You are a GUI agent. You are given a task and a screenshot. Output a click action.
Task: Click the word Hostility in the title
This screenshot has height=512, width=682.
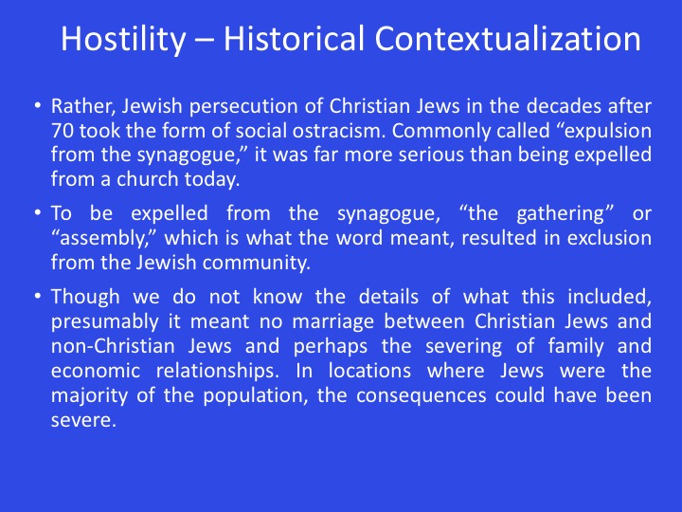pyautogui.click(x=123, y=40)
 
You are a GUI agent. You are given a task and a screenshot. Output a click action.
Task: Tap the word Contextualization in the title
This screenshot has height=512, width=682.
pyautogui.click(x=508, y=39)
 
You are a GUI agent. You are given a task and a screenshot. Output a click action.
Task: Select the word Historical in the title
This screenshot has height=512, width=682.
pyautogui.click(x=294, y=39)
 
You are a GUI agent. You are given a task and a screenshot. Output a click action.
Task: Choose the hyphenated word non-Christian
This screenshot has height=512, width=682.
pyautogui.click(x=113, y=346)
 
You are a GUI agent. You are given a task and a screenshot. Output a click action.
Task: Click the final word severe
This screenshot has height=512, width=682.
pyautogui.click(x=83, y=421)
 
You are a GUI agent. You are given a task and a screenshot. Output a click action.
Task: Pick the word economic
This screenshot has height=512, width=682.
pyautogui.click(x=96, y=371)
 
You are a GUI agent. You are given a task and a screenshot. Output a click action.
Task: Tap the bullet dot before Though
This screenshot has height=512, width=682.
pyautogui.click(x=38, y=296)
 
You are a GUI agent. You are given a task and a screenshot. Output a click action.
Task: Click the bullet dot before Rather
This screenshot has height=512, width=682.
pyautogui.click(x=38, y=106)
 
